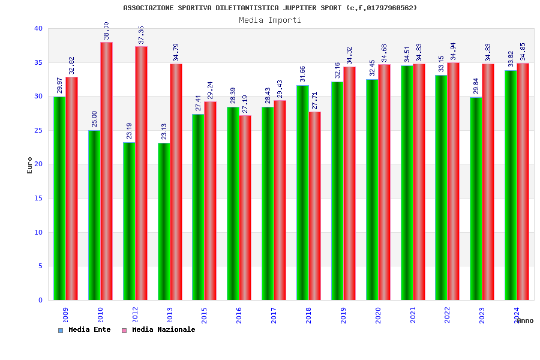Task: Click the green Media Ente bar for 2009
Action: click(59, 198)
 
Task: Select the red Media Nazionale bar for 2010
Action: click(106, 171)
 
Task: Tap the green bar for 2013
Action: click(164, 221)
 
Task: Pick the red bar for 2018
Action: click(314, 206)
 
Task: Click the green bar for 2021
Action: click(407, 182)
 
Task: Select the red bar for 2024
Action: click(523, 181)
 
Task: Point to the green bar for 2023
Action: click(476, 199)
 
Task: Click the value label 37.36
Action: click(141, 35)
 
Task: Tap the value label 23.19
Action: click(129, 131)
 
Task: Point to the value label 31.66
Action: click(302, 74)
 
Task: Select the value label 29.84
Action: click(476, 86)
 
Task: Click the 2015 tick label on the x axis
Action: click(205, 315)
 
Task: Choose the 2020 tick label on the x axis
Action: click(379, 315)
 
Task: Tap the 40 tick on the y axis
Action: click(38, 28)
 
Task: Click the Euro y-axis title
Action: click(30, 165)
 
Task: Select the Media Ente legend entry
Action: click(85, 329)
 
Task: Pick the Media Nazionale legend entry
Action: click(158, 329)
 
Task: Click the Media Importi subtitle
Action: click(270, 20)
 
